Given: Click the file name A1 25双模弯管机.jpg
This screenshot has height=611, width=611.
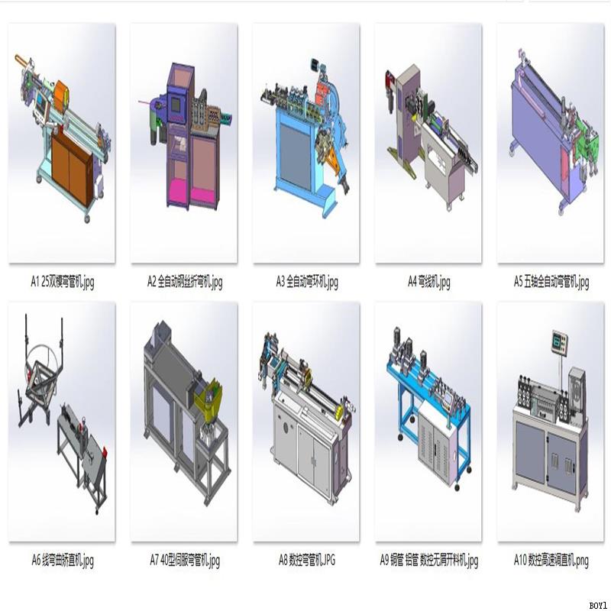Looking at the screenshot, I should tap(62, 282).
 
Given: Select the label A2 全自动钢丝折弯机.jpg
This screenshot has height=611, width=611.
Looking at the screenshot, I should tap(185, 282).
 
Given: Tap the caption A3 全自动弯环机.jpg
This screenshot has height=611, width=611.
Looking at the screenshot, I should tap(306, 282).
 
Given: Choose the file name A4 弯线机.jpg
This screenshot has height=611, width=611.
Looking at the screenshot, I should tap(428, 282).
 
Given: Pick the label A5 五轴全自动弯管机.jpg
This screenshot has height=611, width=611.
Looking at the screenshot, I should tap(551, 282).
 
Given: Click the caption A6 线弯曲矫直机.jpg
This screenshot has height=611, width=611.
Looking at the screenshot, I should tap(62, 561).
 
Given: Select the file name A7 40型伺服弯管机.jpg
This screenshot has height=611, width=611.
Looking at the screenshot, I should tap(185, 561).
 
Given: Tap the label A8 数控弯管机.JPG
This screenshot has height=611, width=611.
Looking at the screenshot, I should tap(306, 561).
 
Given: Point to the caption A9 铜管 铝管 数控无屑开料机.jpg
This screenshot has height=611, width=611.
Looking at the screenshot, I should tap(428, 561).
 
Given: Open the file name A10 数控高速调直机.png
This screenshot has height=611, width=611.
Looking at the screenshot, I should tap(551, 561).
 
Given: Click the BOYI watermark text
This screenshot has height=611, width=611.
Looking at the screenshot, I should tap(598, 604).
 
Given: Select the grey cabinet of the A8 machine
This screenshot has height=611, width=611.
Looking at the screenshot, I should tap(305, 451).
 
